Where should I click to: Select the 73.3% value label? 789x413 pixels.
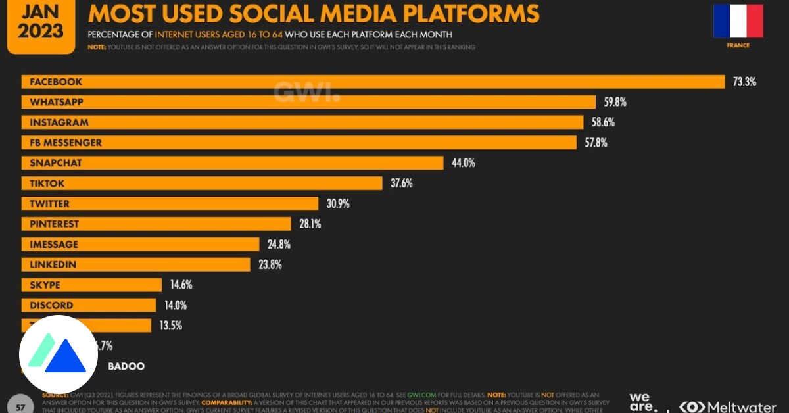[744, 82]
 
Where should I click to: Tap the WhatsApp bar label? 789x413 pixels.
[56, 103]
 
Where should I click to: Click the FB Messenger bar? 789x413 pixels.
[300, 143]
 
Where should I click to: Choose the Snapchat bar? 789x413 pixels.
[233, 163]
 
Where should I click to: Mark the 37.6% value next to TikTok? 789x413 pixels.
[401, 183]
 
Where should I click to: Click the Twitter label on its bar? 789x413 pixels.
[49, 204]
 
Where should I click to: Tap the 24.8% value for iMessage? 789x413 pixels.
[279, 244]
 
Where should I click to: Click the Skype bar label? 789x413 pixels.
[45, 285]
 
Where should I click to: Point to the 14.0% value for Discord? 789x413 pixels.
[176, 305]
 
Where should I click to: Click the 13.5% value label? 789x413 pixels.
[170, 326]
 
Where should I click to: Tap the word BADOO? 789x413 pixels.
[126, 366]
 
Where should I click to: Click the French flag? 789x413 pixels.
[738, 21]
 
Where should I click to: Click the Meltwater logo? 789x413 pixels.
[730, 406]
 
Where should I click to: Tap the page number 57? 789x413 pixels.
[20, 407]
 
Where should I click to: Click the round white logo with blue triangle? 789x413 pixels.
[59, 354]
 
